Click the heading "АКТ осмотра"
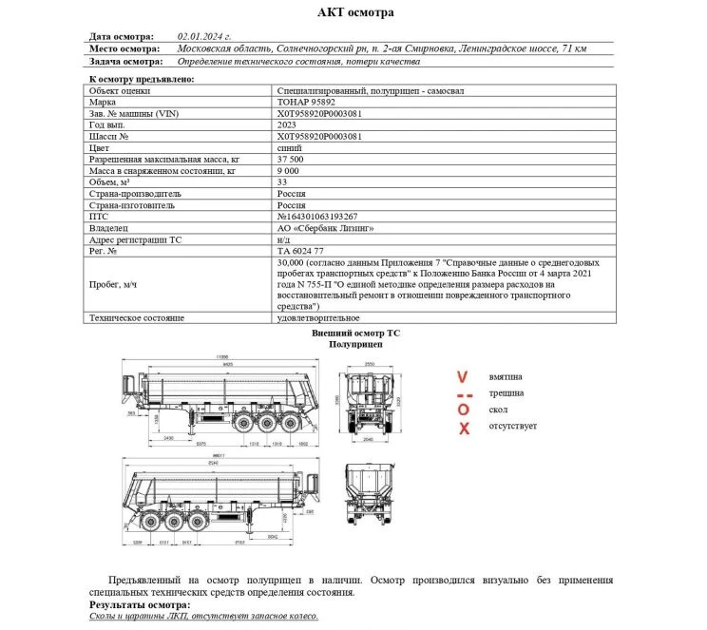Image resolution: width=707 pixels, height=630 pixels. click(x=353, y=12)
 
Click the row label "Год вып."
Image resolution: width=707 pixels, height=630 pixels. click(x=107, y=124)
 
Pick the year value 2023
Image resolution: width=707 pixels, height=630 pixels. click(x=286, y=124)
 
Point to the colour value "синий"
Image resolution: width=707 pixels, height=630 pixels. click(x=288, y=147)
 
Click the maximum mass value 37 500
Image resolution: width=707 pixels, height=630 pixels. click(x=293, y=159)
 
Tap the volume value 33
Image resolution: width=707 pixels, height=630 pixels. click(x=281, y=181)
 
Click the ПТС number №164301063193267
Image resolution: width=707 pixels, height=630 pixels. click(x=316, y=216)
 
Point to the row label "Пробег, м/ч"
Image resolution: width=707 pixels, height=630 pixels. click(x=113, y=284)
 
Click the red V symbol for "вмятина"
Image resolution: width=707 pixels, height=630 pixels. click(x=463, y=377)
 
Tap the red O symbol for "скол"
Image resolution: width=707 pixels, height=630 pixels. click(x=463, y=409)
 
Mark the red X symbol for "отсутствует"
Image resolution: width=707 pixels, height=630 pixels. click(x=464, y=427)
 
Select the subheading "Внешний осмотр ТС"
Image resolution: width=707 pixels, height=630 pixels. click(x=353, y=334)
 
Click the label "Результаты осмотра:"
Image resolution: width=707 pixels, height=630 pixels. click(x=140, y=604)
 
